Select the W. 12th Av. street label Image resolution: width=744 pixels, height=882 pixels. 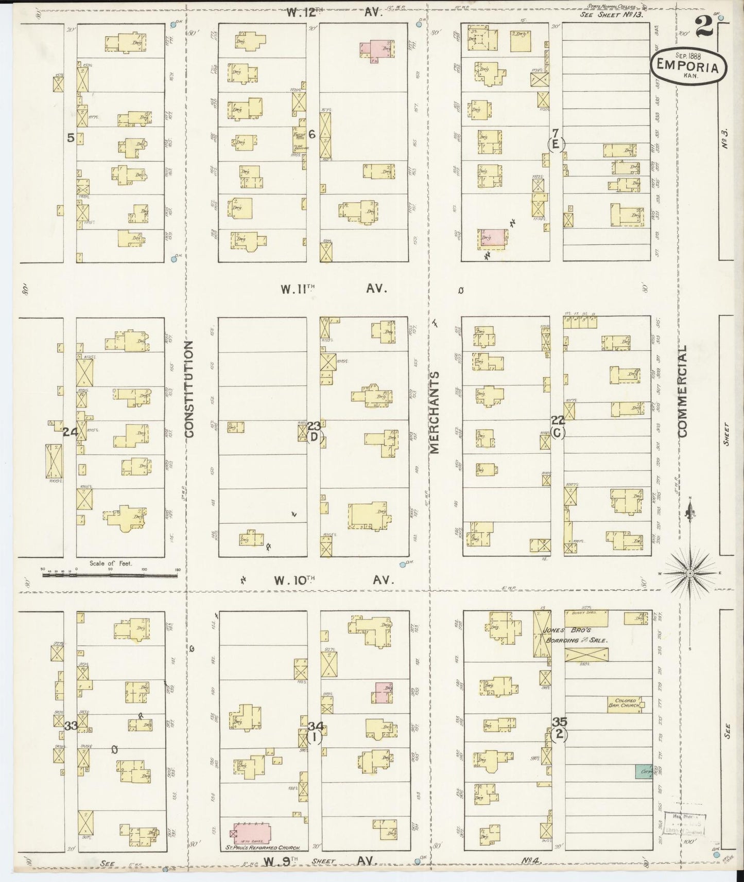coord(334,13)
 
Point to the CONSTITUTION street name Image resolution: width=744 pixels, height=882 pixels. coord(189,389)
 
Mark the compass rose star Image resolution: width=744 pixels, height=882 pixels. coord(690,573)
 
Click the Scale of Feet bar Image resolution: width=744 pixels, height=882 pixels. coord(109,574)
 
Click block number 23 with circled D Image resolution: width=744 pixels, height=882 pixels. coord(314,432)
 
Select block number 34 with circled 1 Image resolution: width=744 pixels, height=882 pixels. coord(315,732)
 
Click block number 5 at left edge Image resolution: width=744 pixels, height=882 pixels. coord(71,137)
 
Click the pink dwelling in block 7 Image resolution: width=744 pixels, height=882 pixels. coord(491,236)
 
